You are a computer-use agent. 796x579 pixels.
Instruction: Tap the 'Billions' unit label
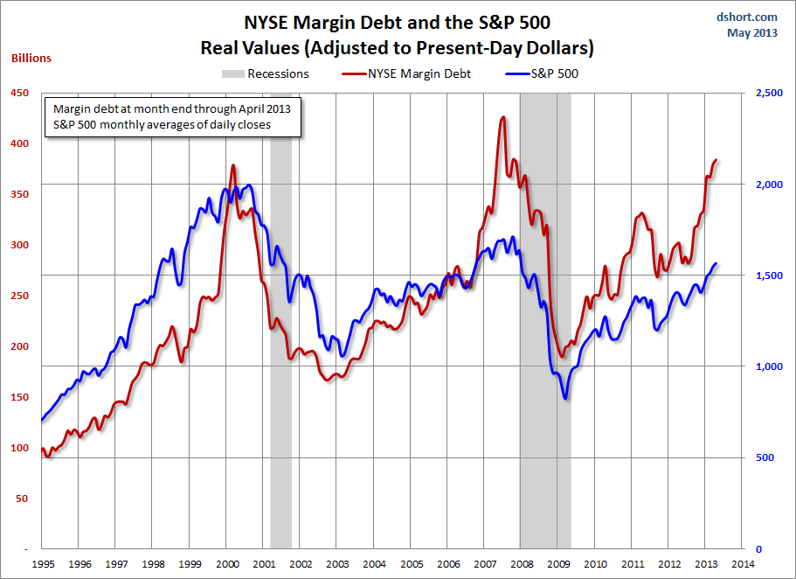coord(31,59)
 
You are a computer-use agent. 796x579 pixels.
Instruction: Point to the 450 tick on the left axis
coord(19,93)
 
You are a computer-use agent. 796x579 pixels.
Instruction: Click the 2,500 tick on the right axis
coord(765,93)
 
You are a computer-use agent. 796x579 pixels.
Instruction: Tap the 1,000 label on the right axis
coord(765,366)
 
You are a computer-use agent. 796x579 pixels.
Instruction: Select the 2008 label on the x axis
coord(522,564)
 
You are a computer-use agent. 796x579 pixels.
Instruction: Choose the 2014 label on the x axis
coord(744,564)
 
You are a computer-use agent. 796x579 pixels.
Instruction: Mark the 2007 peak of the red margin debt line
coord(502,117)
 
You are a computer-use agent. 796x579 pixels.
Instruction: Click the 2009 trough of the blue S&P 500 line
coord(566,399)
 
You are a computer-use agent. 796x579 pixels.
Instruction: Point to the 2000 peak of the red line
coord(232,165)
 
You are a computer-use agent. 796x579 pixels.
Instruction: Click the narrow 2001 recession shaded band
coord(280,350)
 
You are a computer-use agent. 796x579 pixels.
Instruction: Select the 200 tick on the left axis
coord(19,346)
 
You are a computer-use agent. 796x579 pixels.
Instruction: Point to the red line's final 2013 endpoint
coord(716,160)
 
